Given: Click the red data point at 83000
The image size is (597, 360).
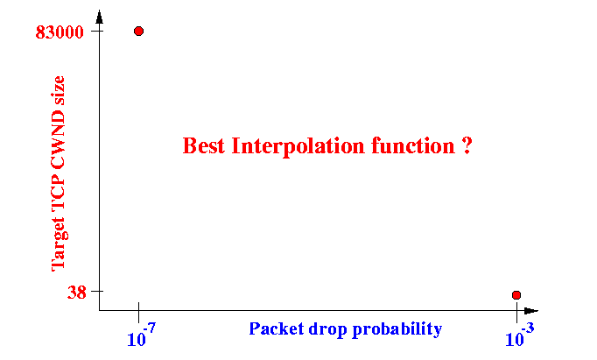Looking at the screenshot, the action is [x=138, y=32].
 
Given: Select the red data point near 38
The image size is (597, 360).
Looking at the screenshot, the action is [x=516, y=295].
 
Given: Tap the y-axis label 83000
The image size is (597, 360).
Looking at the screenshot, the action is [x=60, y=32].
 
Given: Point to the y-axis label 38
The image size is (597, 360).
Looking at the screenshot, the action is [x=77, y=293].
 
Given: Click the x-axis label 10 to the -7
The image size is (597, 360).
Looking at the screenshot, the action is [x=141, y=335].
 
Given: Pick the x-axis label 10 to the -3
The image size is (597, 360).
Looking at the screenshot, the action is [x=520, y=335].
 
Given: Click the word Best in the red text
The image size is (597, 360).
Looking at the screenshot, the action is [x=204, y=146].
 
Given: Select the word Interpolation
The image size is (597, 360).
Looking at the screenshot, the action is [x=298, y=146].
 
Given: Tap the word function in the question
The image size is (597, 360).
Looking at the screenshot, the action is [x=413, y=146].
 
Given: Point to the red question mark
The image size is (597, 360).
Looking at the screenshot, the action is [x=467, y=146].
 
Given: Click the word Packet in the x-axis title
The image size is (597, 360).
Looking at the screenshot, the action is [x=277, y=328].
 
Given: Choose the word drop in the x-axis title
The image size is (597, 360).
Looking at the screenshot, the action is [x=327, y=330].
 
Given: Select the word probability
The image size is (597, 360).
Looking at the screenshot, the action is [x=397, y=330].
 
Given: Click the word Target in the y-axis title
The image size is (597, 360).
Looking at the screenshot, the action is [x=59, y=244].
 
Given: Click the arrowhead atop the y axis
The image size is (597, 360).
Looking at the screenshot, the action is [x=100, y=17].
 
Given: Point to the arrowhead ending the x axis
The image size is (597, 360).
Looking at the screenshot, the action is [x=531, y=311].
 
